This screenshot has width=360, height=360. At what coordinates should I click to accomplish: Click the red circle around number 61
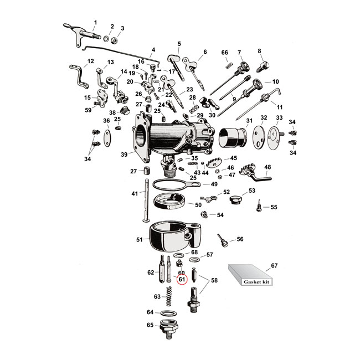(x=182, y=280)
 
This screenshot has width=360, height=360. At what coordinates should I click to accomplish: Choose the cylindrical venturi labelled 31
(x=233, y=137)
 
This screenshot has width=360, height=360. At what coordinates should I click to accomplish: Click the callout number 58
(x=214, y=281)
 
